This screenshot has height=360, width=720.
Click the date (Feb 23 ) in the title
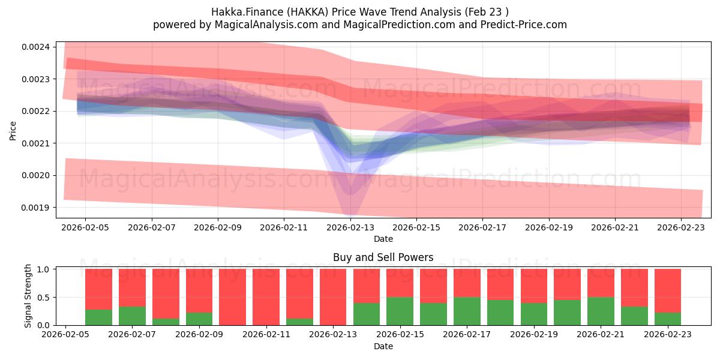487,12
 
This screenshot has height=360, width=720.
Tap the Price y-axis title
13,130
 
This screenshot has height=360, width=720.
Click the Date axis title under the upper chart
383,239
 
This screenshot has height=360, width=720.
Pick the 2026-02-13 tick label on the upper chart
350,227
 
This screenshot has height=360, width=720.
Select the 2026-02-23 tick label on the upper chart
680,227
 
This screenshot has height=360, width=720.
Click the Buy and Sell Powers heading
383,257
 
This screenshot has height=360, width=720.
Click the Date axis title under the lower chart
383,346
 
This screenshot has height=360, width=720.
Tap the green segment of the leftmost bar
98,317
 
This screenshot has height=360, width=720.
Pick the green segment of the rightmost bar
668,319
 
